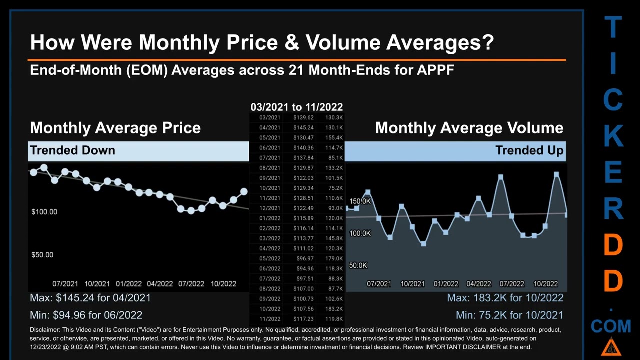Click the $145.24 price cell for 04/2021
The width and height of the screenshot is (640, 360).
pyautogui.click(x=303, y=128)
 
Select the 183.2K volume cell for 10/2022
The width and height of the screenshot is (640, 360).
pyautogui.click(x=333, y=309)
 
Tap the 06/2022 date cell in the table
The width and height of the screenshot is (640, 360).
pyautogui.click(x=270, y=269)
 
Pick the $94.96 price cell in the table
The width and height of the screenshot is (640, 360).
pyautogui.click(x=303, y=269)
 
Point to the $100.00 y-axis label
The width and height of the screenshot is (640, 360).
pyautogui.click(x=44, y=212)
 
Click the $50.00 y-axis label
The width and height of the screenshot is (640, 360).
pyautogui.click(x=42, y=255)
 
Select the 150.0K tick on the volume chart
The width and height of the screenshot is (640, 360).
pyautogui.click(x=360, y=201)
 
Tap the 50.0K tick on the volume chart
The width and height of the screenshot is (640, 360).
pyautogui.click(x=358, y=265)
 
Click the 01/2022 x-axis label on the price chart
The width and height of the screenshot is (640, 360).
pyautogui.click(x=128, y=284)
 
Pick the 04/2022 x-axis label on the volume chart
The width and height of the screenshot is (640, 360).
pyautogui.click(x=478, y=284)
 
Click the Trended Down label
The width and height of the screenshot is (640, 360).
pyautogui.click(x=72, y=150)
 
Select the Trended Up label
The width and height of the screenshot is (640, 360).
pyautogui.click(x=529, y=150)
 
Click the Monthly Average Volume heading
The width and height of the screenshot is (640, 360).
pyautogui.click(x=469, y=128)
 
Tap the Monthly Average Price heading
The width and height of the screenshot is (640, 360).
pyautogui.click(x=115, y=128)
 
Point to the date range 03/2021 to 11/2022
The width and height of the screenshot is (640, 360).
pyautogui.click(x=297, y=107)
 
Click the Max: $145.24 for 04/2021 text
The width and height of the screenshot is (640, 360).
pyautogui.click(x=90, y=298)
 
